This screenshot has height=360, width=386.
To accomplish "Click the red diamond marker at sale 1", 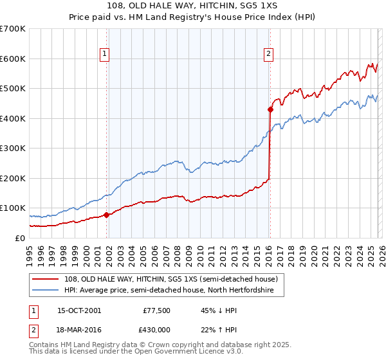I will tap(106, 215).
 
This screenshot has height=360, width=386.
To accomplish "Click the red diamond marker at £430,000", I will tap(270, 109).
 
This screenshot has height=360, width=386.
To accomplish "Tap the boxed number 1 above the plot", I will tap(105, 55).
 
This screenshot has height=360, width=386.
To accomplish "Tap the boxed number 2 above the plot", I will tap(268, 55).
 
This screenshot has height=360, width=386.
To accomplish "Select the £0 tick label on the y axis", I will tap(20, 238).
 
